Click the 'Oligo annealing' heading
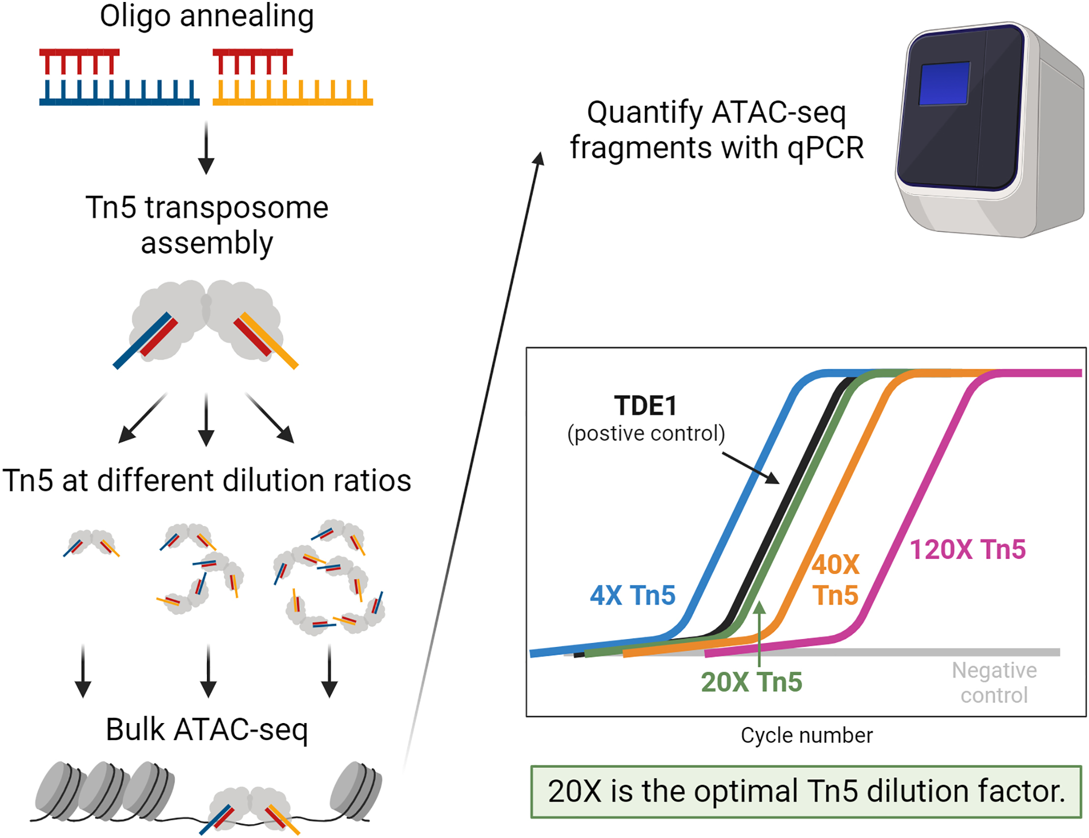pyautogui.click(x=206, y=16)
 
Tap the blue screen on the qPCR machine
pyautogui.click(x=944, y=84)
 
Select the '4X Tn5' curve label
pyautogui.click(x=632, y=595)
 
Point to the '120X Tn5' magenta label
pyautogui.click(x=967, y=550)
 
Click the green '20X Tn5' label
pyautogui.click(x=751, y=682)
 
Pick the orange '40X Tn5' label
pyautogui.click(x=836, y=580)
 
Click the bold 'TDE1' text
pyautogui.click(x=645, y=406)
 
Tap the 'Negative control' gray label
pyautogui.click(x=994, y=682)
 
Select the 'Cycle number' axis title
pyautogui.click(x=807, y=735)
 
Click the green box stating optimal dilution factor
pyautogui.click(x=806, y=792)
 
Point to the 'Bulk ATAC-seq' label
pyautogui.click(x=206, y=730)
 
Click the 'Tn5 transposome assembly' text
pyautogui.click(x=206, y=225)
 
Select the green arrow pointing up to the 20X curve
pyautogui.click(x=759, y=633)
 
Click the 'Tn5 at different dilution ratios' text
pyautogui.click(x=206, y=480)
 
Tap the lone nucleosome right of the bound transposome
pyautogui.click(x=356, y=790)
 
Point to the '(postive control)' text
pyautogui.click(x=646, y=433)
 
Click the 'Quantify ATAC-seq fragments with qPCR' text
pyautogui.click(x=716, y=130)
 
